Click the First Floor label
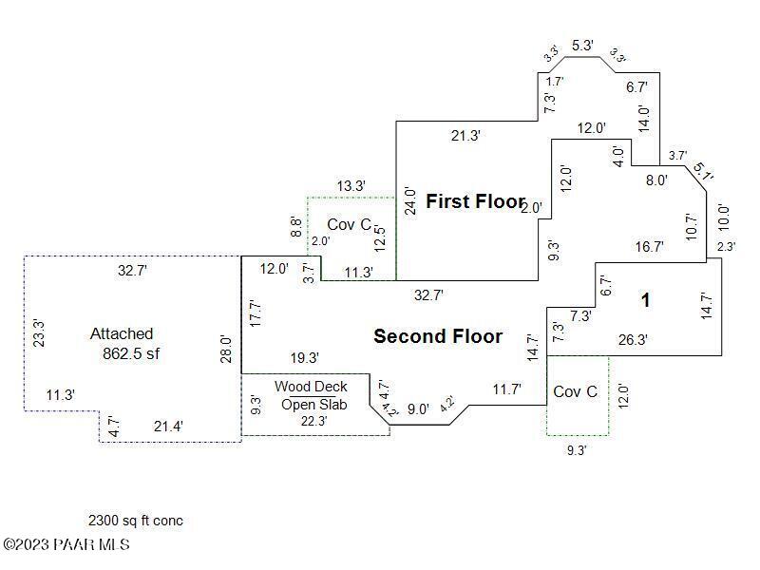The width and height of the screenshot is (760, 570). click(x=475, y=201)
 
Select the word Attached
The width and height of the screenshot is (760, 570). click(x=122, y=333)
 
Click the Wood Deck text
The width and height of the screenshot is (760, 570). click(x=311, y=387)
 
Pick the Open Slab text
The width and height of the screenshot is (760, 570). click(x=313, y=405)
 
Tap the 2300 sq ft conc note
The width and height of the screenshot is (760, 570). click(x=136, y=521)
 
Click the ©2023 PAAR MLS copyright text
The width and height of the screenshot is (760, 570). click(x=66, y=544)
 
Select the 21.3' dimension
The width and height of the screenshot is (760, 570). click(x=465, y=136)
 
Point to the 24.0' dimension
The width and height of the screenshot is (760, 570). click(x=409, y=201)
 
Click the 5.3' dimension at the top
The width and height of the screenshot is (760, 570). click(x=582, y=45)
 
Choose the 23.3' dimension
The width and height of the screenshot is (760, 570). click(x=37, y=332)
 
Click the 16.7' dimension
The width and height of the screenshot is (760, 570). click(x=650, y=246)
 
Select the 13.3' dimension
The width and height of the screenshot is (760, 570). click(x=351, y=185)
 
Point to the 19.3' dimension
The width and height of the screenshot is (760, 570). click(x=304, y=358)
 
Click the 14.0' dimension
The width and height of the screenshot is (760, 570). click(x=643, y=117)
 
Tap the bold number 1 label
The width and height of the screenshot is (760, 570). click(x=645, y=301)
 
